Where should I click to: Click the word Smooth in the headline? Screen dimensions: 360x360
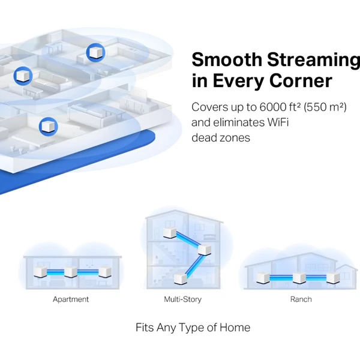tap(227, 59)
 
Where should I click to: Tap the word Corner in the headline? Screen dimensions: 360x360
tap(301, 80)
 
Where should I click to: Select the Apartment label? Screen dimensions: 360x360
tap(71, 299)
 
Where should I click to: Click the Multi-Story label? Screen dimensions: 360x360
tap(183, 299)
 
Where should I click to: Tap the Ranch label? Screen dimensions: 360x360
tap(301, 299)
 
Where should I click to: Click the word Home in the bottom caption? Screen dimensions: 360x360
tap(235, 328)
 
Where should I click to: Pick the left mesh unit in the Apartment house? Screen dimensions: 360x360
tap(40, 272)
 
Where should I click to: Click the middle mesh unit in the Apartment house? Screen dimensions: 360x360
tap(71, 272)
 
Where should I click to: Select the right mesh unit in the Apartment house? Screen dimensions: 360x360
tap(105, 272)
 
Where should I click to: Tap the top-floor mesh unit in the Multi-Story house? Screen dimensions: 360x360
tap(170, 233)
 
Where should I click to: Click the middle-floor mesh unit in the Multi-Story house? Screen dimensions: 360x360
tap(205, 250)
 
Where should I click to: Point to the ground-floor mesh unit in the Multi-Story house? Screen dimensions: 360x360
tap(181, 279)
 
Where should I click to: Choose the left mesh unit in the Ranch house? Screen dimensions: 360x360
tap(263, 278)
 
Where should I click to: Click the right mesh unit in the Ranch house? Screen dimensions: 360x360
tap(333, 278)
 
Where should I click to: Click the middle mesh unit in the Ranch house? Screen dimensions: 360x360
tap(299, 278)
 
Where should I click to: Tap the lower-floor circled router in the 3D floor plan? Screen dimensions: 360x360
tap(48, 127)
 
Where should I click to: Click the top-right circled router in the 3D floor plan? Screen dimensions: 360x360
tap(96, 53)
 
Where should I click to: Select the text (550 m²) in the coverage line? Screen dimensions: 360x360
tap(325, 107)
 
